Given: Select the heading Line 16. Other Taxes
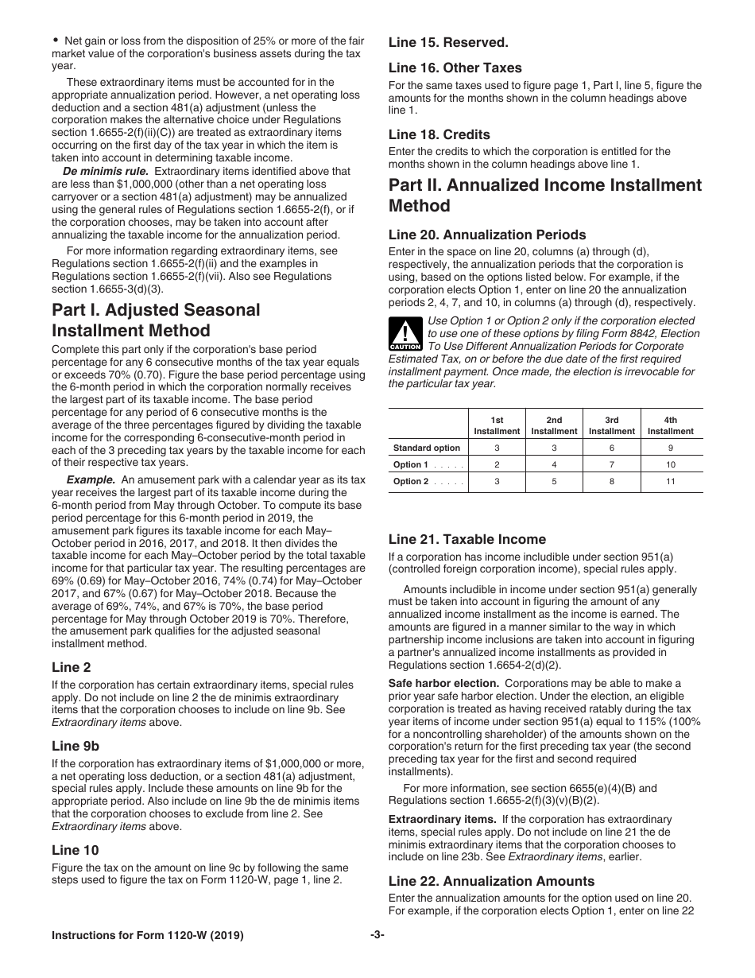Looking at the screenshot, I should (x=455, y=68).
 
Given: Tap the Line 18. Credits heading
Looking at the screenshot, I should (x=439, y=134).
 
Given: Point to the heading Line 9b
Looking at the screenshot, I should (x=75, y=746).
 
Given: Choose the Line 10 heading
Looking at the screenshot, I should (x=75, y=850).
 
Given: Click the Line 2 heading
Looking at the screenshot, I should (x=72, y=667).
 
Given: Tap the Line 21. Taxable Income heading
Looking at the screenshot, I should (x=467, y=539).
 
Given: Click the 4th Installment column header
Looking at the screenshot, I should (x=670, y=425).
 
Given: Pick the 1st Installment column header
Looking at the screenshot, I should (x=497, y=425).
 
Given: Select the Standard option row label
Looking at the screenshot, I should (x=426, y=448).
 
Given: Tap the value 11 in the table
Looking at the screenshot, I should (x=670, y=481).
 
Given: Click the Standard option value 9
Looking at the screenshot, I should (x=670, y=448).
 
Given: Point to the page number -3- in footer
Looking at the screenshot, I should (x=377, y=935).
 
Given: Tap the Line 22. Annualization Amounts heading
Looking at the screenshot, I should (x=491, y=881).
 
